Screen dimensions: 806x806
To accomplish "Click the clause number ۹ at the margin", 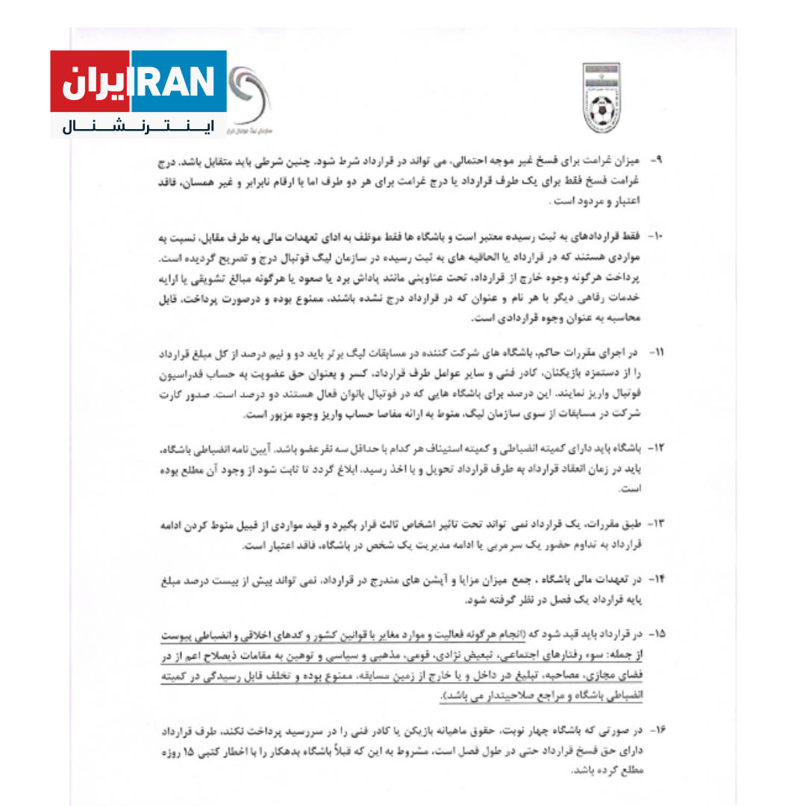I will coord(656,160).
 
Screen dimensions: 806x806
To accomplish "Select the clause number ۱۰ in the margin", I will coord(655,236).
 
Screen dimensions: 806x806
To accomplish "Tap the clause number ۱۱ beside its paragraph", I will coord(655,351).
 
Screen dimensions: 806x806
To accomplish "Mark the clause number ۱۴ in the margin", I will coord(655,579).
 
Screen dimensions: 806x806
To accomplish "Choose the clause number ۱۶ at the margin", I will coord(655,727).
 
